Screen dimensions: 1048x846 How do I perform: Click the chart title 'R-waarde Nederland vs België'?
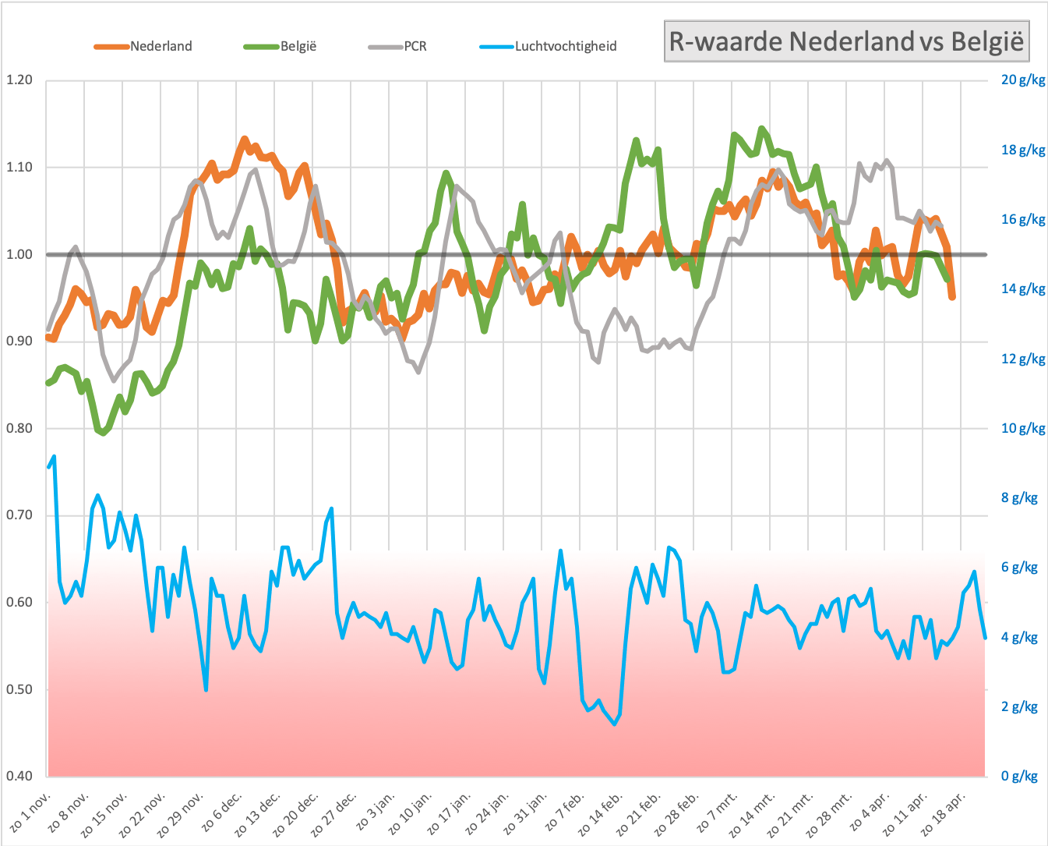point(846,41)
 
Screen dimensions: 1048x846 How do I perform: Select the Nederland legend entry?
point(143,46)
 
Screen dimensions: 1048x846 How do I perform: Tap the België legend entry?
point(280,46)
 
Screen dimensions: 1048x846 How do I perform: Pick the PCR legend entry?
point(397,46)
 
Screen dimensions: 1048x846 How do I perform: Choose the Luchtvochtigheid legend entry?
point(548,46)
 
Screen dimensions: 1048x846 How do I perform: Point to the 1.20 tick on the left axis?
point(19,80)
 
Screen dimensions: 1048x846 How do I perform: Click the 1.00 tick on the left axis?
point(19,254)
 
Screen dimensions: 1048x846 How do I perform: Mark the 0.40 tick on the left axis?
point(19,776)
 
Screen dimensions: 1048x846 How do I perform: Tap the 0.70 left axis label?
point(19,515)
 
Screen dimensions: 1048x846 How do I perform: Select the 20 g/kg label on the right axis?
point(1023,80)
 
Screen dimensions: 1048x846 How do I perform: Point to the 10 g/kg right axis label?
point(1023,428)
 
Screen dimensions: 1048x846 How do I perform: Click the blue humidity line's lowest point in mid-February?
point(614,724)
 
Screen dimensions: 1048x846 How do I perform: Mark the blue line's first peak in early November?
point(54,457)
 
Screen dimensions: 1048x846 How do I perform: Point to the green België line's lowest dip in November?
point(103,432)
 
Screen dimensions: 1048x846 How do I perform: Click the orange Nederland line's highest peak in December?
point(245,140)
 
